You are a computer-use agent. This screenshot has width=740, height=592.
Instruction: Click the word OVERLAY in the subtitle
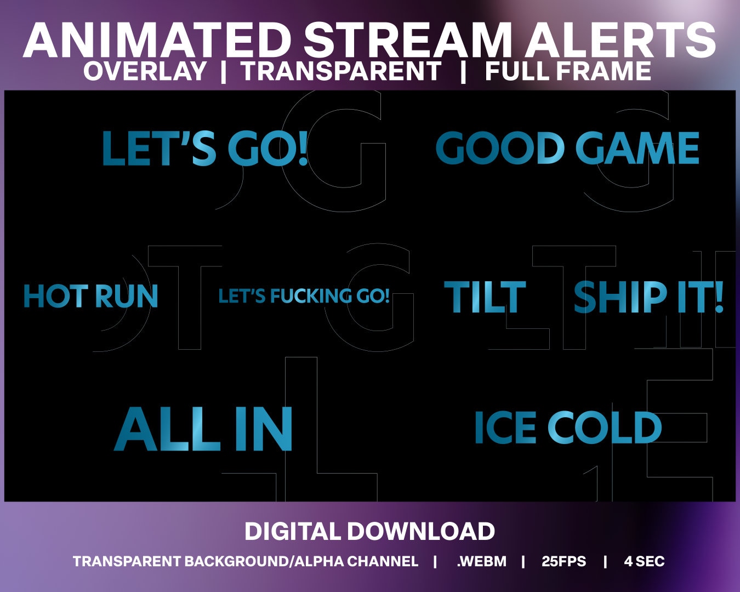145,71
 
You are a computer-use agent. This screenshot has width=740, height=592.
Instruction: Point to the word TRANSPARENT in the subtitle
341,71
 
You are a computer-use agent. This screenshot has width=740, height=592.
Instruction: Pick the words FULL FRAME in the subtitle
568,71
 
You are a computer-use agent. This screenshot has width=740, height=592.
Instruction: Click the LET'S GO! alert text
205,149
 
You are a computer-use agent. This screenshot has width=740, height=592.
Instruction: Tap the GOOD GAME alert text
567,149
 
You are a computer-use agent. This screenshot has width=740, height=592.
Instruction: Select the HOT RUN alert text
90,296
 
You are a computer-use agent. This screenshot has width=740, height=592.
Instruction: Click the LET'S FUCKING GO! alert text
304,297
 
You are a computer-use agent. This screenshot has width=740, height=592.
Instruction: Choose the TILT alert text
485,297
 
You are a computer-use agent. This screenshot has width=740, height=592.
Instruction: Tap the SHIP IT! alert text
648,297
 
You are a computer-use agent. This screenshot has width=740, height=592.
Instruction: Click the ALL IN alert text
203,429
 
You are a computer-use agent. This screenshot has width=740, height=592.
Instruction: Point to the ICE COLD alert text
567,428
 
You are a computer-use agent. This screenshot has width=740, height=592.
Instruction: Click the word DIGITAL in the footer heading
292,531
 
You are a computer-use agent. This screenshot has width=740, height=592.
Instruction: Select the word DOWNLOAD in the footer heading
421,531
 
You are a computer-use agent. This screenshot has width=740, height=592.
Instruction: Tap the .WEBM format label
481,561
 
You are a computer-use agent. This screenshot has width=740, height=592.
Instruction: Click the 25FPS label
563,561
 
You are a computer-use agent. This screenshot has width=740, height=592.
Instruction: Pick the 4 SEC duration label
644,561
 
